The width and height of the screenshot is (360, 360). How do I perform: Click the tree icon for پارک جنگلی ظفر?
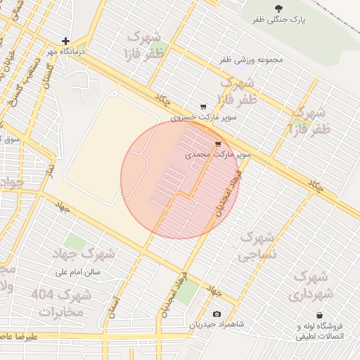pyautogui.click(x=280, y=8)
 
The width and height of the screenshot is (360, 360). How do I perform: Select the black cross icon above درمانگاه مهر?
pyautogui.click(x=65, y=41)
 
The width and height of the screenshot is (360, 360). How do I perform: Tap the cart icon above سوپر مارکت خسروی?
pyautogui.click(x=203, y=107)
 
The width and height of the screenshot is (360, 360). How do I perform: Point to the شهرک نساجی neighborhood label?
pyautogui.click(x=260, y=246)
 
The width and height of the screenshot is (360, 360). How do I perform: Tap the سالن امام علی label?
pyautogui.click(x=79, y=271)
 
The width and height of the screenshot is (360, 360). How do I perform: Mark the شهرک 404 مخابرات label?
pyautogui.click(x=62, y=303)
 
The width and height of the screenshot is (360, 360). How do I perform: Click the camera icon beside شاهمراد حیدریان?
pyautogui.click(x=216, y=314)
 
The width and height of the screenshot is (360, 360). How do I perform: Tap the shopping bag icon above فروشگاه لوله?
pyautogui.click(x=321, y=315)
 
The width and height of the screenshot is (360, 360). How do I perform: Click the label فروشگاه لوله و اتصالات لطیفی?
pyautogui.click(x=321, y=332)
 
